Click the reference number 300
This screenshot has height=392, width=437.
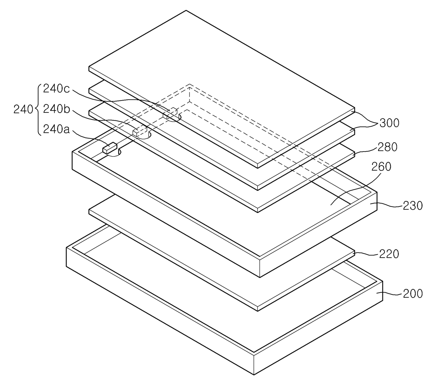coord(389,123)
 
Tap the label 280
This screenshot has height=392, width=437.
coord(387,147)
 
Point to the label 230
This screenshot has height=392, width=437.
coord(412,205)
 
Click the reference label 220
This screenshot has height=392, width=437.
coord(389,254)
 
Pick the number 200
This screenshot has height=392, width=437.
coord(412,293)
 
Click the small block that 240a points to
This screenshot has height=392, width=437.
coord(109,148)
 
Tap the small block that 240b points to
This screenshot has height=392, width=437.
coord(140,131)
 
